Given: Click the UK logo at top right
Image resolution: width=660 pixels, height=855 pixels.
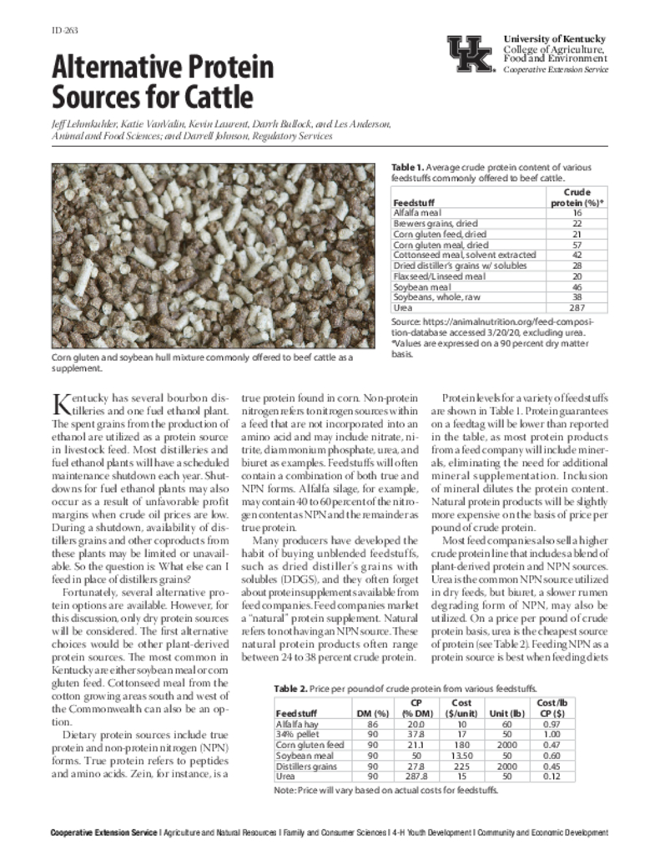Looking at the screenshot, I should point(471,55).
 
